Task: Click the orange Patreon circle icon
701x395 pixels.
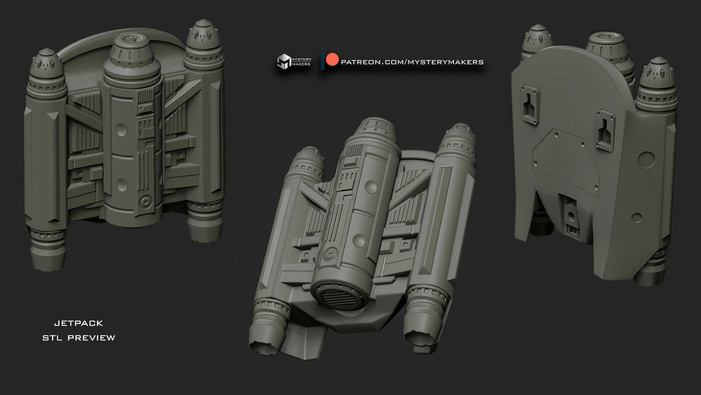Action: tap(332, 61)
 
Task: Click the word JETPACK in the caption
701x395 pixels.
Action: tap(78, 323)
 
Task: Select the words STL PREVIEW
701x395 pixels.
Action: tap(78, 338)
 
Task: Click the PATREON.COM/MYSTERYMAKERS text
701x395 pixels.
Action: tap(412, 61)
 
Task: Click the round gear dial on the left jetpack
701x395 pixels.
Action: tap(144, 203)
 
